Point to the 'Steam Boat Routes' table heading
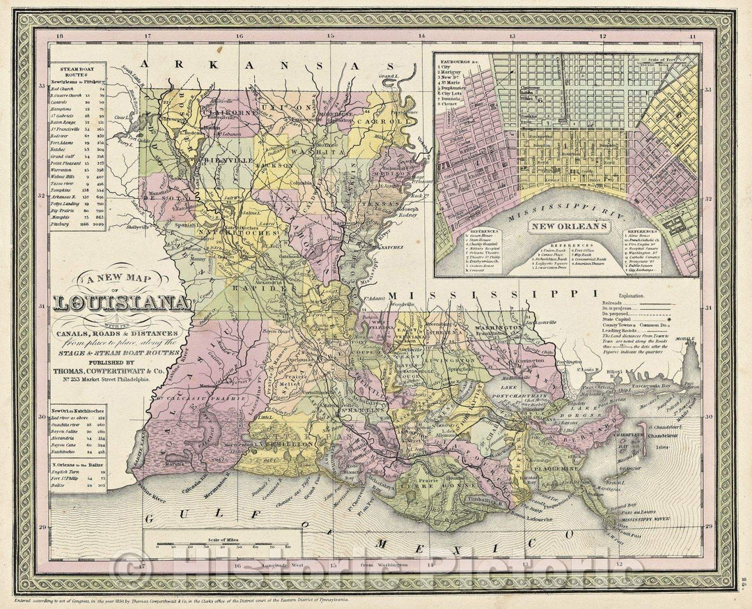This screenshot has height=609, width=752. (77, 70)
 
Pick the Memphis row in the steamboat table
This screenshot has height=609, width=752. (77, 217)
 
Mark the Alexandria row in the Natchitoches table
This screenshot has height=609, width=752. (77, 437)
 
